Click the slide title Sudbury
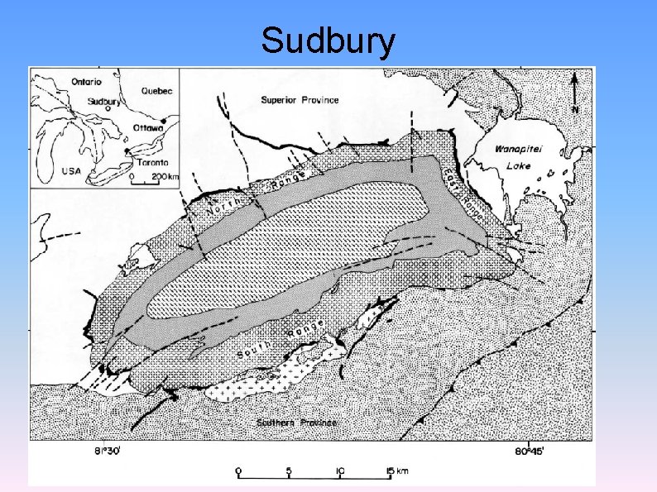[328, 41]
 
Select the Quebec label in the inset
[156, 91]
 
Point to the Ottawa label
[148, 129]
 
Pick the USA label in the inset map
[71, 171]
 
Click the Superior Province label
[300, 100]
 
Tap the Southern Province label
[296, 423]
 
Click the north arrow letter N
[575, 109]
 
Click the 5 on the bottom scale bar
[289, 471]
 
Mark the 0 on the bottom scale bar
[239, 471]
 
